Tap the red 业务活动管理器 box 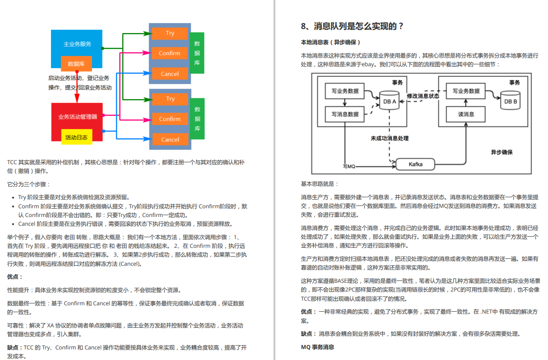point(77,117)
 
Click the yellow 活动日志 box point(77,137)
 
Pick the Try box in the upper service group point(170,33)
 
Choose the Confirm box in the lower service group point(170,119)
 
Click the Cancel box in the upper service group point(170,74)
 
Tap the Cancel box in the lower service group point(170,140)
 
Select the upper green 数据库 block point(197,53)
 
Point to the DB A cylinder point(389,100)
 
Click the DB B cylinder point(510,100)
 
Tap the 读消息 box point(466,114)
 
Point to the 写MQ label point(349,166)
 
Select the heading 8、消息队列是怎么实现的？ point(352,26)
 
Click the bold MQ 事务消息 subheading point(317,347)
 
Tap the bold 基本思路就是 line point(320,184)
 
